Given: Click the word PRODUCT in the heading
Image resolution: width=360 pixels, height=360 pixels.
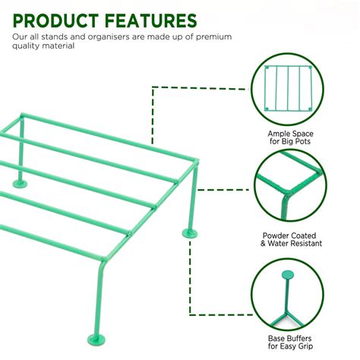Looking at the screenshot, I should point(58,20).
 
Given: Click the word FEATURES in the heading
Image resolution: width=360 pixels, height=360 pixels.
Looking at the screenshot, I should point(152,20).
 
